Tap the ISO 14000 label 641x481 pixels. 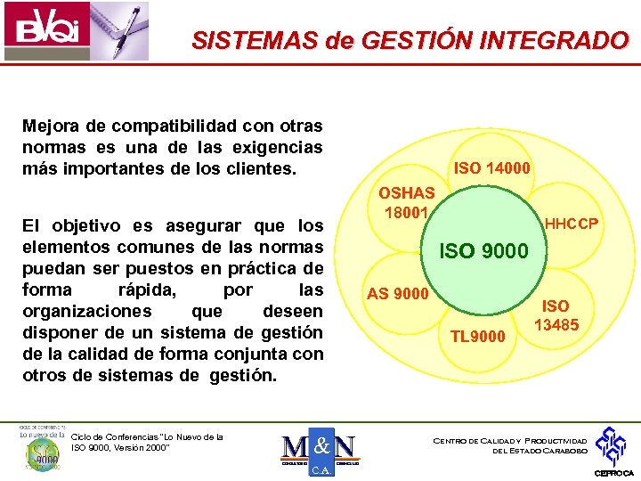(x=492, y=167)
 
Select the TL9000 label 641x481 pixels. (x=478, y=337)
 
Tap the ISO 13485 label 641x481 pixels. (x=556, y=316)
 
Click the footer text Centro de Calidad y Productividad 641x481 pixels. (x=509, y=441)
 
